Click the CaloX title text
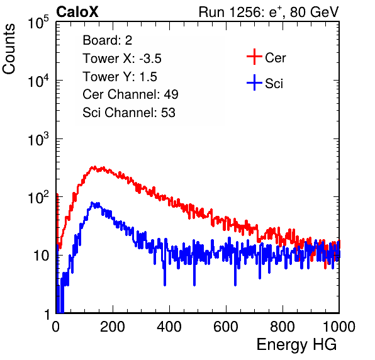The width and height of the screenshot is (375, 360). (77, 12)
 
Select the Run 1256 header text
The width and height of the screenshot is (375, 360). (269, 12)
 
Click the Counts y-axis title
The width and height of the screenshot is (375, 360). (9, 49)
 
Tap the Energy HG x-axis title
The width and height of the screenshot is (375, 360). (296, 344)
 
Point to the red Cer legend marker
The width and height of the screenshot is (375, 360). (254, 57)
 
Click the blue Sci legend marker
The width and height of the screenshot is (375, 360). (254, 82)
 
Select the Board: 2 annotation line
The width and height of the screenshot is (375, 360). (108, 40)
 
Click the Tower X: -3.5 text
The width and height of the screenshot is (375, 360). (122, 59)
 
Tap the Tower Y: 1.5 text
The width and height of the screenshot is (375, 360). (120, 77)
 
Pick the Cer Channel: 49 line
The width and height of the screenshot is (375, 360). (130, 94)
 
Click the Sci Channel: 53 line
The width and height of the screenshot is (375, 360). (129, 113)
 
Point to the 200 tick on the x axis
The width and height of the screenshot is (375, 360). (113, 327)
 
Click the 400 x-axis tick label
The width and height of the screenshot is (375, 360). (169, 327)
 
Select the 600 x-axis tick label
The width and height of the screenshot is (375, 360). (226, 327)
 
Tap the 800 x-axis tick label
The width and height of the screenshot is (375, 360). (283, 327)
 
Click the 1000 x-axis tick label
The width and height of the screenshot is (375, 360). (339, 327)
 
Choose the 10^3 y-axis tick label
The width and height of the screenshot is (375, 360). (38, 139)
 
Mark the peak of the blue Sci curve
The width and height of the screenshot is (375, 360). (92, 203)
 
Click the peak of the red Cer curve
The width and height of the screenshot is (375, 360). (94, 167)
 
